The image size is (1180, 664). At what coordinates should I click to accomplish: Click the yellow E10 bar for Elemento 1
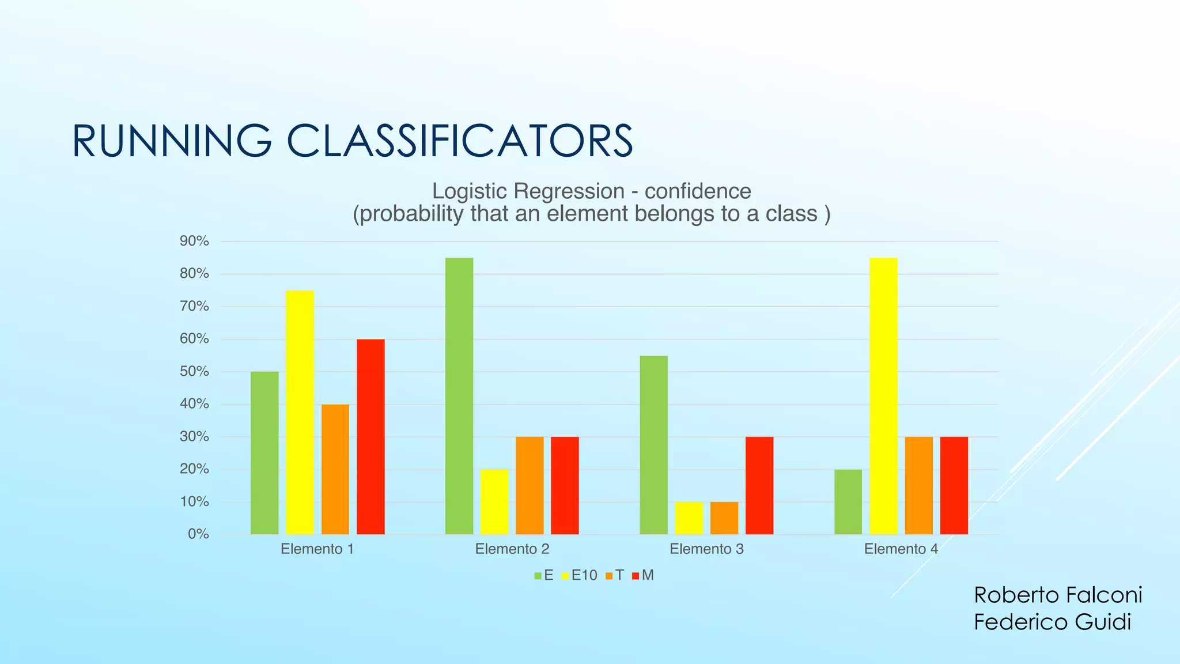point(300,412)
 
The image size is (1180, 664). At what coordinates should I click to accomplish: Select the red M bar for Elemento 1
point(370,436)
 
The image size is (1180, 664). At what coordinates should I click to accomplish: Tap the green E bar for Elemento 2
point(459,395)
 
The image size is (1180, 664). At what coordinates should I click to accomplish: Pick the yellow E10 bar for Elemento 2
point(494,501)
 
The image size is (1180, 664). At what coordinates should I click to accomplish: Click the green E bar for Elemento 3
point(654,444)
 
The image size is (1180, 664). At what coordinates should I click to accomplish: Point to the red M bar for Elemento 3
point(759,485)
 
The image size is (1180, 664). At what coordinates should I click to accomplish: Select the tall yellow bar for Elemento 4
point(883,395)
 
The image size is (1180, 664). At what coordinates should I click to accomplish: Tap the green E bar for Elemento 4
point(848,501)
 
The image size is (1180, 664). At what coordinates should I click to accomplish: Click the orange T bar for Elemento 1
point(335,469)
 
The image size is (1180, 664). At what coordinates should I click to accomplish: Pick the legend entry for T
point(615,575)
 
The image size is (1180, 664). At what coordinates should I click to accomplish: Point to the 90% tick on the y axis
point(194,241)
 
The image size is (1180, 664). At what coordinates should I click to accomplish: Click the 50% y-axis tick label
point(194,371)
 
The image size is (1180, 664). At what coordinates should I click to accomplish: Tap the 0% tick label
point(198,534)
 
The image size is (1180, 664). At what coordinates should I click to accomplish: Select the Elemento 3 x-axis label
point(706,549)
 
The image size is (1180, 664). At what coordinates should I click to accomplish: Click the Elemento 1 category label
point(317,549)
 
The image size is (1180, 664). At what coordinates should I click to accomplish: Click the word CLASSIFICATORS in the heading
point(459,141)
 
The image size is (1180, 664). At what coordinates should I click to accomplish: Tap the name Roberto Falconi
point(1058,595)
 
